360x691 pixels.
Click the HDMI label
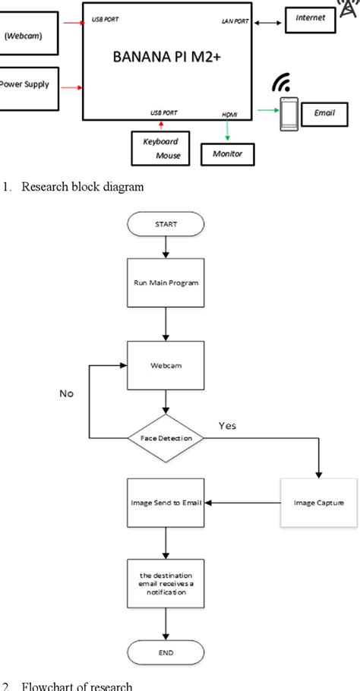click(229, 113)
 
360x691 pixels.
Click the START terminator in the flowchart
click(166, 225)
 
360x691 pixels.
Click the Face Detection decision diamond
click(165, 438)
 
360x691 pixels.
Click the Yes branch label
click(227, 425)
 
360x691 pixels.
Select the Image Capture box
click(318, 503)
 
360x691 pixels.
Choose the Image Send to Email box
click(165, 503)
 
